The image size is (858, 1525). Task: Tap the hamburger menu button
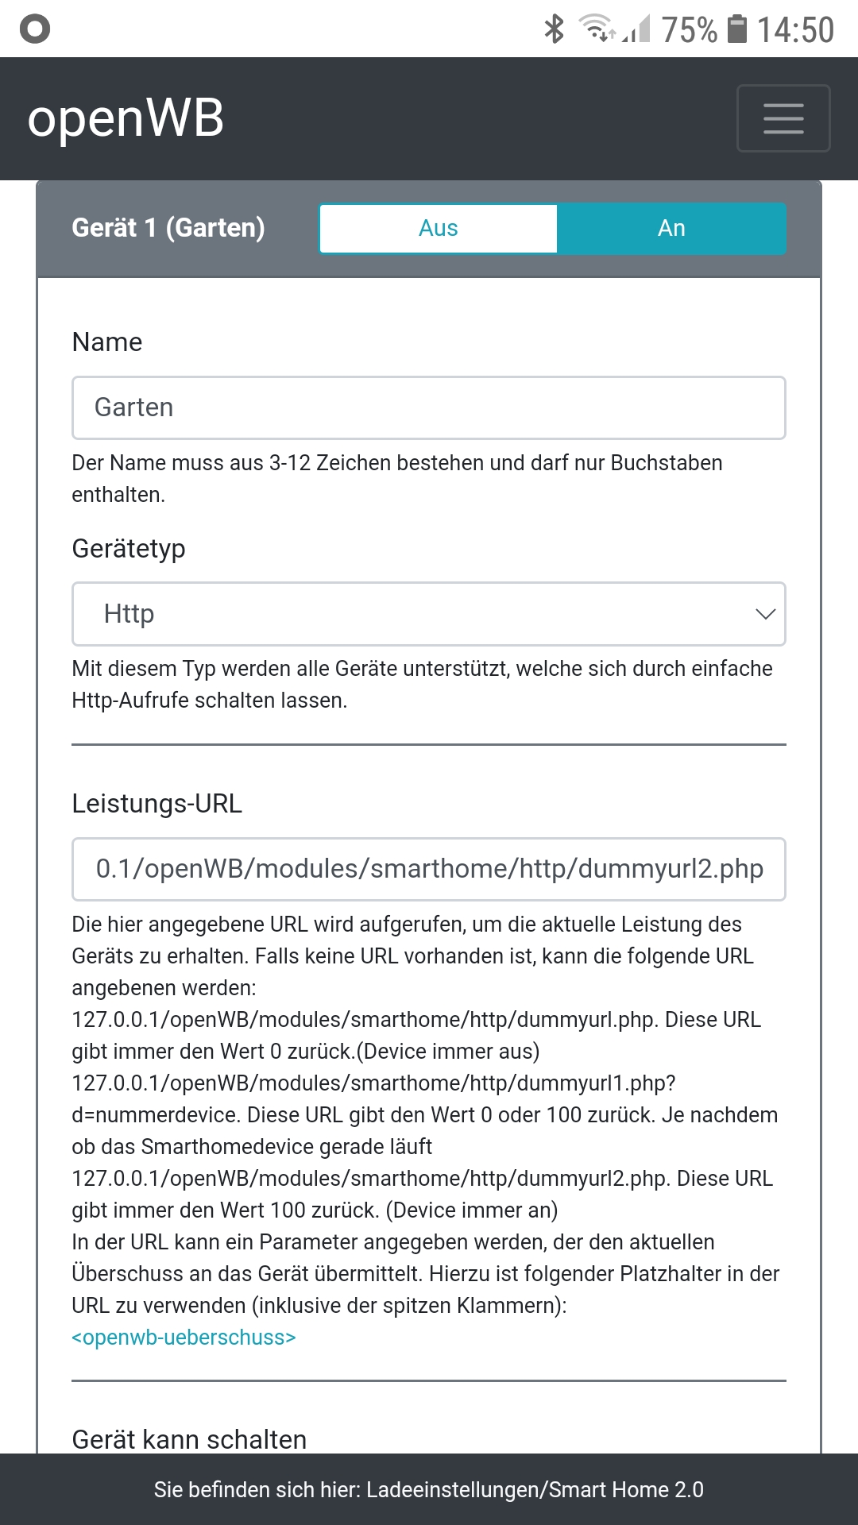pos(783,118)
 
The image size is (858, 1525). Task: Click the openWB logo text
pos(126,119)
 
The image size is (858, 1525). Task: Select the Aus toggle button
pos(439,229)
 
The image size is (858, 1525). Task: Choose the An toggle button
pos(671,229)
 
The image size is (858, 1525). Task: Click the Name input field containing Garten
pos(429,407)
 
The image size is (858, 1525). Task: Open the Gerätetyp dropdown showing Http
pos(429,614)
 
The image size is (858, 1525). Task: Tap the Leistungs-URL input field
pos(429,869)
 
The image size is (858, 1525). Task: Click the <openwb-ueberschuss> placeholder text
pos(184,1338)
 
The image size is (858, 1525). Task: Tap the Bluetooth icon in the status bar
pos(554,29)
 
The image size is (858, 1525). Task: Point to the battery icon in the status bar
pos(738,29)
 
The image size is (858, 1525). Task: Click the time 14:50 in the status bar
pos(795,30)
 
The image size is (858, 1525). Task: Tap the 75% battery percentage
pos(689,30)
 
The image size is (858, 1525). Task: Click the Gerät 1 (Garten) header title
pos(168,228)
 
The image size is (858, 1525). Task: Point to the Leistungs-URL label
pos(157,804)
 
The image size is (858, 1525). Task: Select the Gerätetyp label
pos(129,549)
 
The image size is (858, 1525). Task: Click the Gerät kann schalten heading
pos(189,1439)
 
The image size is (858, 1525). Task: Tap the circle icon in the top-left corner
pos(35,29)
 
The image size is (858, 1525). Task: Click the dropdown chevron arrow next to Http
pos(765,614)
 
